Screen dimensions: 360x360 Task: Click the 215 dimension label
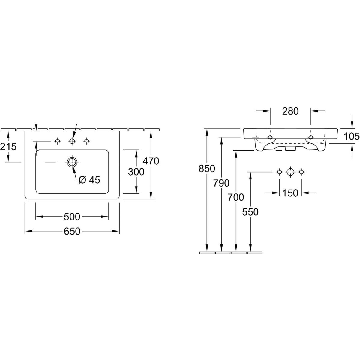click(8, 147)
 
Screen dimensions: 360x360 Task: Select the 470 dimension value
click(150, 161)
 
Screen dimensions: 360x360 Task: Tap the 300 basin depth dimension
click(136, 172)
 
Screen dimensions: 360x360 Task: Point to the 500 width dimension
click(72, 216)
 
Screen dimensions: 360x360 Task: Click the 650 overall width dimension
click(72, 231)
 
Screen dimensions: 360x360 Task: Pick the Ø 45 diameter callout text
click(89, 180)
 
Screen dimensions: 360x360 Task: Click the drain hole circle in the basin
click(72, 162)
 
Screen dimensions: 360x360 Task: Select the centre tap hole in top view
click(72, 141)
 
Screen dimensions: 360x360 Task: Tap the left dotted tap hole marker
click(57, 141)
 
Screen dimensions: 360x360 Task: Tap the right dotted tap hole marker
click(87, 141)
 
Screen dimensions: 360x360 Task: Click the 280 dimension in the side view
click(290, 111)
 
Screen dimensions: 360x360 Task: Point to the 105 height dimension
click(352, 136)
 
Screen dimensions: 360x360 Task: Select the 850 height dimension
click(207, 169)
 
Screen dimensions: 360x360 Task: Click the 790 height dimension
click(221, 183)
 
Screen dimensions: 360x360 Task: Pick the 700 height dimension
click(236, 197)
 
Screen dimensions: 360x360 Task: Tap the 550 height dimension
click(250, 212)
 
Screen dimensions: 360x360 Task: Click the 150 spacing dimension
click(290, 193)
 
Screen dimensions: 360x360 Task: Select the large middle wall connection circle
click(290, 172)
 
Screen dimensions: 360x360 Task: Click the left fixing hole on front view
click(270, 137)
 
